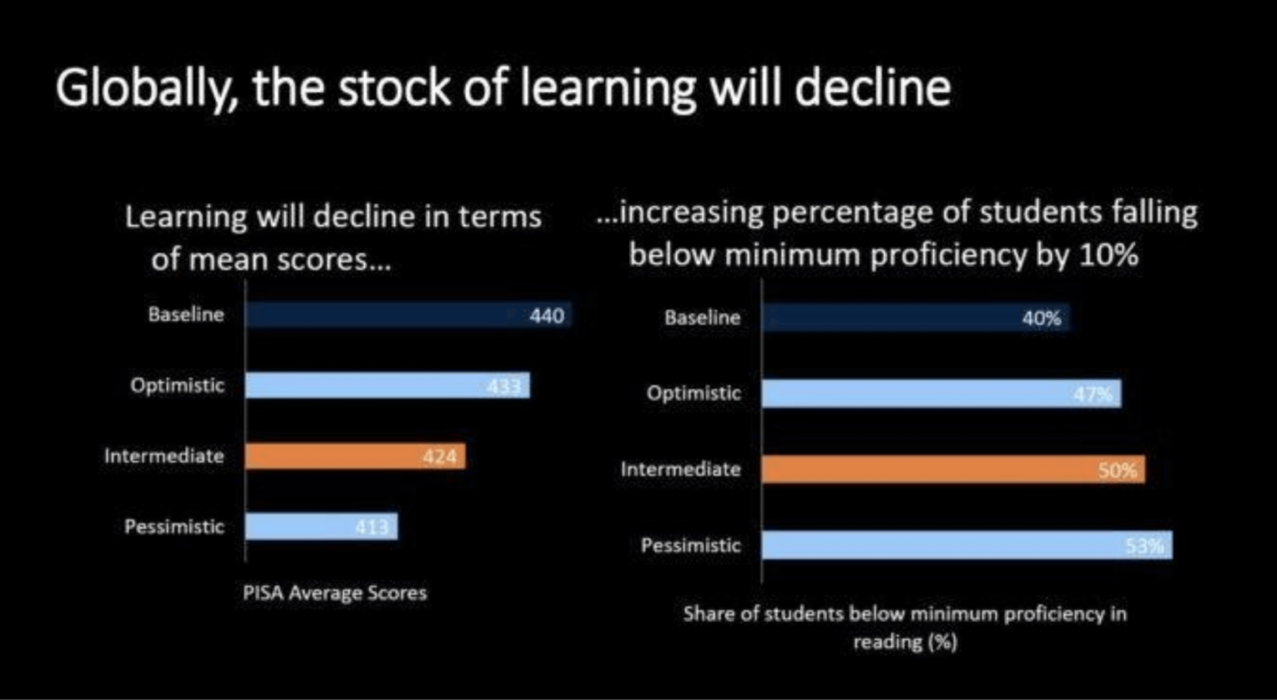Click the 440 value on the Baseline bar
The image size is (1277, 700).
(x=546, y=315)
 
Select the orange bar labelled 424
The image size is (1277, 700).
(x=355, y=457)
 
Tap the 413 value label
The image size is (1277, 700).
(x=372, y=527)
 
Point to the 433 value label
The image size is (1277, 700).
(x=504, y=386)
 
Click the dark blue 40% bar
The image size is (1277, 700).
(x=916, y=318)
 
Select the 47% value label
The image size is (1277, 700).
(x=1093, y=394)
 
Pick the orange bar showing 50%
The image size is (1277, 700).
(x=953, y=469)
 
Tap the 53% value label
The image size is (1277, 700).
(x=1144, y=546)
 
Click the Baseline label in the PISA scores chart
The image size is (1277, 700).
(x=186, y=314)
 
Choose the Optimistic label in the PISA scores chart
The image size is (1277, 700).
(x=177, y=386)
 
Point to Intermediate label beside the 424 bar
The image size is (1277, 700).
(x=164, y=456)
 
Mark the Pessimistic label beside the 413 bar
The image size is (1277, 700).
(x=174, y=526)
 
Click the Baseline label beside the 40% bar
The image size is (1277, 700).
(x=702, y=317)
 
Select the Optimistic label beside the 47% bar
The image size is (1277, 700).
(x=694, y=393)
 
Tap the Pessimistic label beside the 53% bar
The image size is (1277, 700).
(x=691, y=545)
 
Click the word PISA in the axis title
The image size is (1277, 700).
(x=263, y=593)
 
